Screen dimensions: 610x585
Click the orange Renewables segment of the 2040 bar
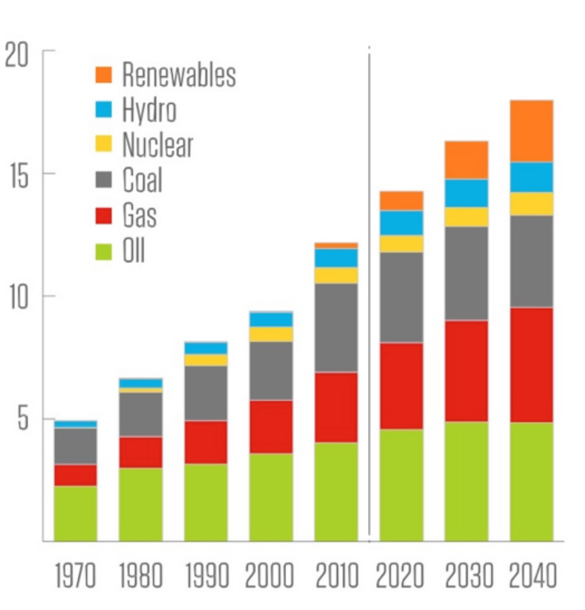coord(531,131)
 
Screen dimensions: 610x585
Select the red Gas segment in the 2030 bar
coord(466,370)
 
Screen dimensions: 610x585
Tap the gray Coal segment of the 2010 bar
coord(336,327)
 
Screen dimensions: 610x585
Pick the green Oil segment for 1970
coord(75,513)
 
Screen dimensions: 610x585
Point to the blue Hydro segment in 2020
coord(401,223)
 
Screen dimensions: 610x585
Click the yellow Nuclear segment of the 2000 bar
coord(271,334)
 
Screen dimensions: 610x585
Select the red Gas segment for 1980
coord(141,452)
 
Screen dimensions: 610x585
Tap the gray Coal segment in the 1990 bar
coord(206,393)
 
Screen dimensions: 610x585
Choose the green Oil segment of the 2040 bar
coord(531,481)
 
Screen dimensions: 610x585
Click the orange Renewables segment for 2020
coord(401,201)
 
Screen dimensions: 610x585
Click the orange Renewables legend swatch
coord(104,74)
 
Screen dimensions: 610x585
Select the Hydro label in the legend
coord(149,109)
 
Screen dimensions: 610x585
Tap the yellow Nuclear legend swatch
coord(104,145)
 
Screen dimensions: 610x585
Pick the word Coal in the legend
coord(142,180)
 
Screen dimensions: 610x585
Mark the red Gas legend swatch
coord(104,216)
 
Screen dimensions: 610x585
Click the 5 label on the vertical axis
coord(22,419)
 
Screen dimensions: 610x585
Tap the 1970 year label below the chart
coord(75,576)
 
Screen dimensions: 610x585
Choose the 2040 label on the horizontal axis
coord(533,576)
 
